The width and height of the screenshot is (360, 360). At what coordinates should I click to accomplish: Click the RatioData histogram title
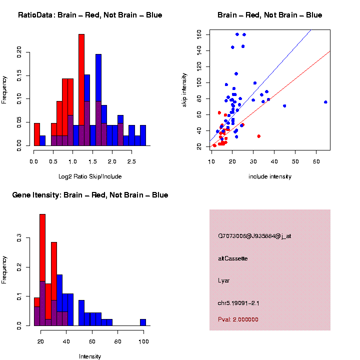pyautogui.click(x=90, y=15)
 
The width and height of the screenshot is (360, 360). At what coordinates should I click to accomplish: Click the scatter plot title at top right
pyautogui.click(x=269, y=15)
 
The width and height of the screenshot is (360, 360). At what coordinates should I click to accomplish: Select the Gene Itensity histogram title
pyautogui.click(x=90, y=195)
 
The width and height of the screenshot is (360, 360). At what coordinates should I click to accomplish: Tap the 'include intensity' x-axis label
pyautogui.click(x=269, y=176)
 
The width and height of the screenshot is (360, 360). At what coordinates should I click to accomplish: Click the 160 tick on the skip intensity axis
pyautogui.click(x=199, y=34)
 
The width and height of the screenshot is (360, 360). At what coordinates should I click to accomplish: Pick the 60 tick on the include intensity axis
pyautogui.click(x=316, y=162)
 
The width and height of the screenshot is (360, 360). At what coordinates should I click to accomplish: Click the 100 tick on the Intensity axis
pyautogui.click(x=143, y=342)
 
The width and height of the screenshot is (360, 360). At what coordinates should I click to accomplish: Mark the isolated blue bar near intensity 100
pyautogui.click(x=143, y=322)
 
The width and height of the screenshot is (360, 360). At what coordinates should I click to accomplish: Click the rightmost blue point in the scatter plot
pyautogui.click(x=325, y=102)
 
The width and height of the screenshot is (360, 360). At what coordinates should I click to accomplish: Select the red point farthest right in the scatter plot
pyautogui.click(x=259, y=136)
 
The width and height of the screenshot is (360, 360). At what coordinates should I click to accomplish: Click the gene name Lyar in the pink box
pyautogui.click(x=224, y=280)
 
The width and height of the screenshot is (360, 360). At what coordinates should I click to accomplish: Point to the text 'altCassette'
pyautogui.click(x=233, y=258)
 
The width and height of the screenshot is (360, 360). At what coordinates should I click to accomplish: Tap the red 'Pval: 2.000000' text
pyautogui.click(x=238, y=319)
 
